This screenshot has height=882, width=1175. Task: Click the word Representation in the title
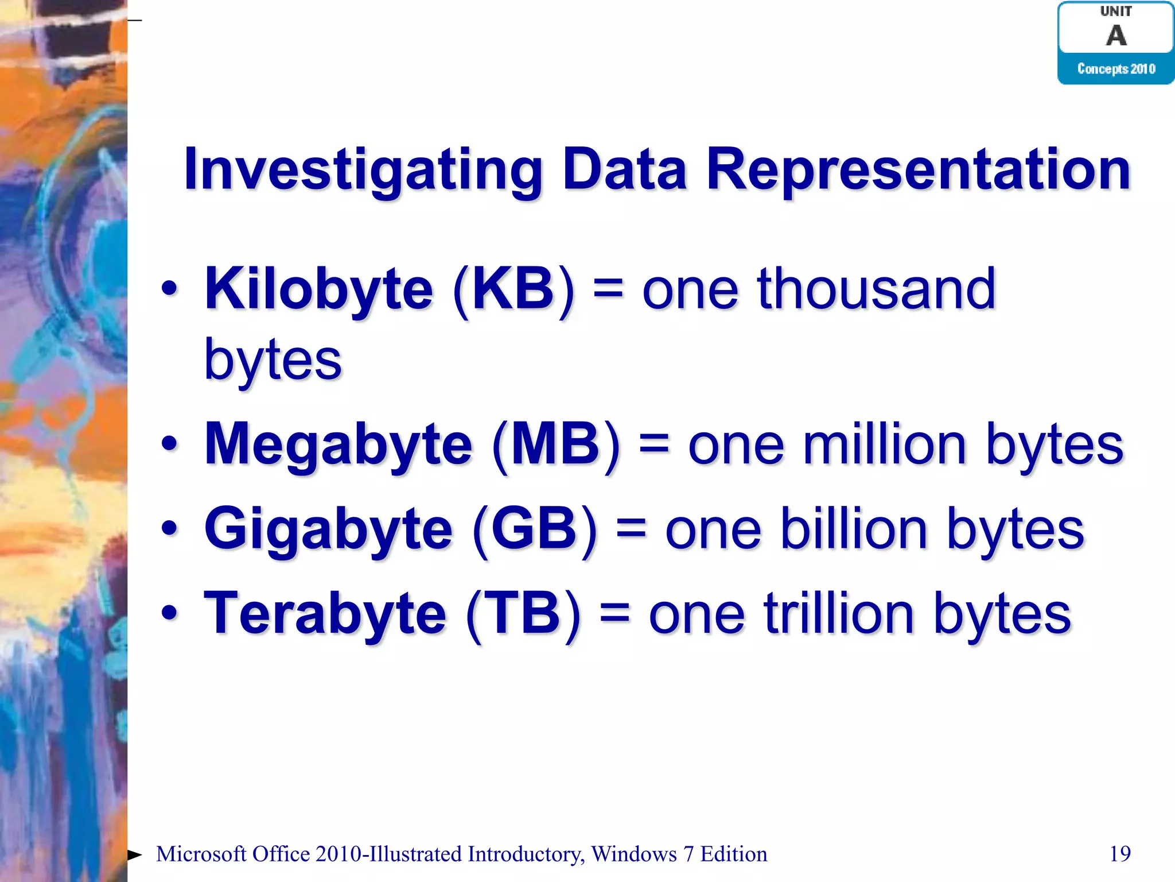(918, 170)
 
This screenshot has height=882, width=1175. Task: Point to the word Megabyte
(339, 444)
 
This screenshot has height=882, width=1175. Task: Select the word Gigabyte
(328, 529)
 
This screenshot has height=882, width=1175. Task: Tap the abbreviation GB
(534, 529)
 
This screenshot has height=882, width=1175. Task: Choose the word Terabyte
(325, 614)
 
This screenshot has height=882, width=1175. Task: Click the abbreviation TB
(523, 614)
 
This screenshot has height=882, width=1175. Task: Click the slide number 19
(1120, 854)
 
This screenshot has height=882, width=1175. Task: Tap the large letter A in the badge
(1116, 36)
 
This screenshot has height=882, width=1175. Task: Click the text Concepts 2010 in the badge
(1116, 69)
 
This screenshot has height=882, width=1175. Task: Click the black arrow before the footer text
(134, 855)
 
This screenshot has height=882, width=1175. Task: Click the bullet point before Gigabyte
(169, 529)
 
